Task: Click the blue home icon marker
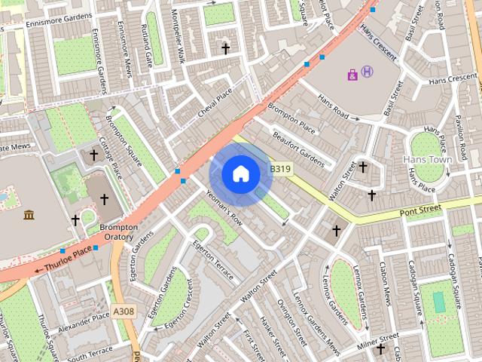[x=240, y=174]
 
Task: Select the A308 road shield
[x=124, y=310]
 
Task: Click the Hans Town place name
[x=426, y=160]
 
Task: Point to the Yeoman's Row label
[x=224, y=209]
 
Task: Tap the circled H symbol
[x=367, y=72]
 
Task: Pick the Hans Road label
[x=333, y=105]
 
